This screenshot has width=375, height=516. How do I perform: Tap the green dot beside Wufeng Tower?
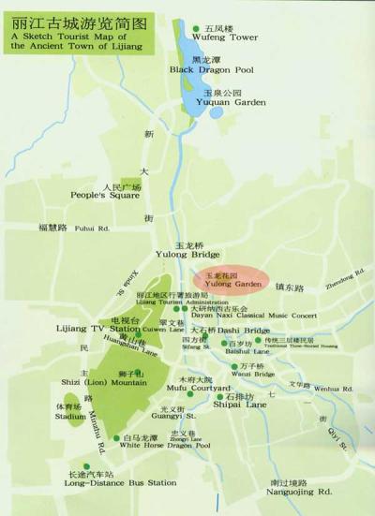coord(196,29)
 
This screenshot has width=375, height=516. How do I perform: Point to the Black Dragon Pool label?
coord(211,69)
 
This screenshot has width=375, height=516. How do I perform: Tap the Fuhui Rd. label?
coord(92,228)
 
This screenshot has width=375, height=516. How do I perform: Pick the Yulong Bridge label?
coord(187,254)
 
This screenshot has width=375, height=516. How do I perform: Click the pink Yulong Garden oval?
coord(231,279)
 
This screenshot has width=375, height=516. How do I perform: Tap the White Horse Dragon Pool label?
coord(165,446)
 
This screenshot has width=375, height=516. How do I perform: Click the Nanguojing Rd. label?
coord(298,490)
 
